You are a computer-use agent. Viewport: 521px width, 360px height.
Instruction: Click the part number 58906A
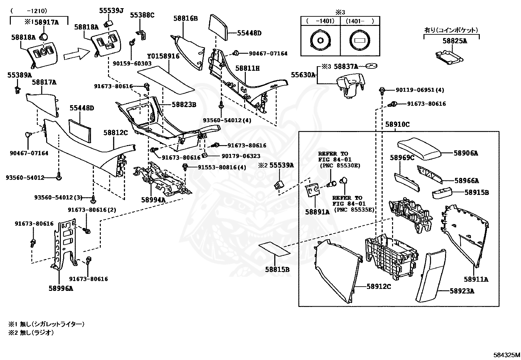[466, 153]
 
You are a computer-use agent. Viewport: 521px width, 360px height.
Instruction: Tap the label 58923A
[462, 291]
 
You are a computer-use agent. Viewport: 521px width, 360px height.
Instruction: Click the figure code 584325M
[507, 355]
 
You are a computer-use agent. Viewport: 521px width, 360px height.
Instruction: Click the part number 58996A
[61, 288]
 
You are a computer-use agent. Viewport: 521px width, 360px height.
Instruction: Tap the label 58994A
[153, 199]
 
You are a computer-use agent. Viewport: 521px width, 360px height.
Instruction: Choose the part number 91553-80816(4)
[222, 167]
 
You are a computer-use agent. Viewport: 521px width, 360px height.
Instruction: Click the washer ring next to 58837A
[372, 66]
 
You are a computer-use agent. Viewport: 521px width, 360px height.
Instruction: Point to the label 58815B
[277, 270]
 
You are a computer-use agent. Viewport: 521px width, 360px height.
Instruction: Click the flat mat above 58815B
[274, 249]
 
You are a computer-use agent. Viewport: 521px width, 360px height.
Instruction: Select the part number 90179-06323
[241, 156]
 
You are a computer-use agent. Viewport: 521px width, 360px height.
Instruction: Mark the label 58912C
[379, 286]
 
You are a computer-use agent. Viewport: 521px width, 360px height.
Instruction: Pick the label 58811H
[247, 68]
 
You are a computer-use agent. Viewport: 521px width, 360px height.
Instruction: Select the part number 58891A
[317, 212]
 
